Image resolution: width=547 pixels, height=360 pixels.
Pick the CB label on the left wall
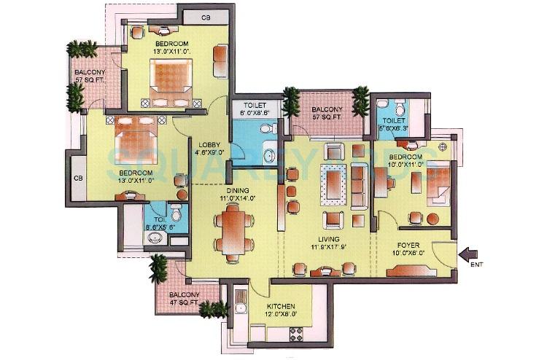tap(78, 178)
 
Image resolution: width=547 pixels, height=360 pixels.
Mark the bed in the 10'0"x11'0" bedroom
tap(434, 185)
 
